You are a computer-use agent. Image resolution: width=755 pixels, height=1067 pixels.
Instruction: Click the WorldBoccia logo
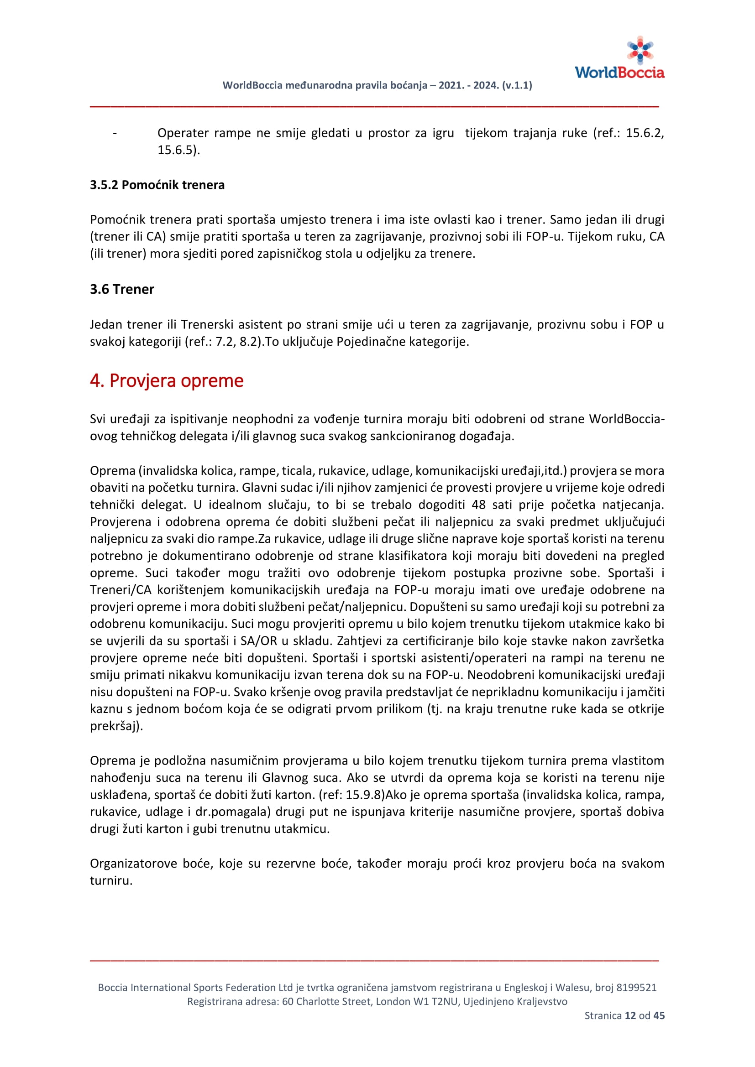coord(619,58)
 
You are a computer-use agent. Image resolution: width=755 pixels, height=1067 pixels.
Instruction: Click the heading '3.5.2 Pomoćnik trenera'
coord(157,185)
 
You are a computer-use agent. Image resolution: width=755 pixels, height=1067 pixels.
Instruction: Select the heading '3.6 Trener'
coord(122,289)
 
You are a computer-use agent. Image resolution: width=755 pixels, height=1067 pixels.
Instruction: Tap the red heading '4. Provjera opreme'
coord(167,380)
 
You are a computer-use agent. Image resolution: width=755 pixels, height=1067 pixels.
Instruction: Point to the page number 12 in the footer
coord(630,1015)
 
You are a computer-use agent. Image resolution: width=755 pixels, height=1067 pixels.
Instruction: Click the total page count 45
coord(659,1015)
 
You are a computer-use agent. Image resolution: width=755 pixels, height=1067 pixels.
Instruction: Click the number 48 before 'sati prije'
coord(478,505)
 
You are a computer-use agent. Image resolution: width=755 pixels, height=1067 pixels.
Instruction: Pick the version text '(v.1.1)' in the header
coord(517,85)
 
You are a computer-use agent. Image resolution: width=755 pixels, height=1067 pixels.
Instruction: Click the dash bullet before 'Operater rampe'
coord(115,133)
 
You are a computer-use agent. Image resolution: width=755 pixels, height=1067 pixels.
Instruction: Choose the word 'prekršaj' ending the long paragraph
coord(115,726)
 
